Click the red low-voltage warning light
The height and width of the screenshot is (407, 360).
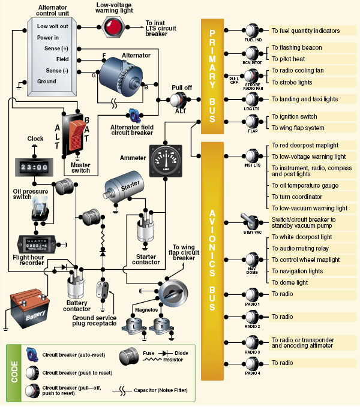113,26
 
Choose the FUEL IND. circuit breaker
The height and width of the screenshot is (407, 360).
251,31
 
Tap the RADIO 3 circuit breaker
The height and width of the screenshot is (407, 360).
251,343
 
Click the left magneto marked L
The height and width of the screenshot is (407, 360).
134,327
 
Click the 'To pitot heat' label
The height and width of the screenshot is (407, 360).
289,59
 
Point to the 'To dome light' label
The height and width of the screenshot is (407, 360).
290,282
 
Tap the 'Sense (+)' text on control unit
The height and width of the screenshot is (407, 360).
53,49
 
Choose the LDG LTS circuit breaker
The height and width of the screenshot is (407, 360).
251,99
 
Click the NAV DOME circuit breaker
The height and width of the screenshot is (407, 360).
251,261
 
